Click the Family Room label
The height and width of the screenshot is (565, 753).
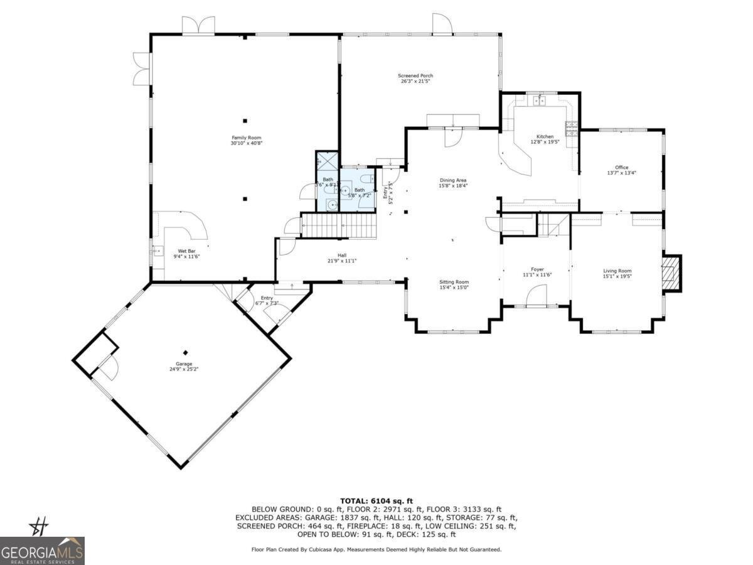coord(245,141)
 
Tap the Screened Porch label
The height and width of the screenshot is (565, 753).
coord(417,78)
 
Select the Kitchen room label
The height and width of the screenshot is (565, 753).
coord(545,139)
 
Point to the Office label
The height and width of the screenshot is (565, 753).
coord(621,170)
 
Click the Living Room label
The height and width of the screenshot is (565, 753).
coord(617,273)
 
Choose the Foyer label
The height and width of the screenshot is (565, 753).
coord(537,272)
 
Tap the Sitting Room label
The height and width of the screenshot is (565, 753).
coord(454,284)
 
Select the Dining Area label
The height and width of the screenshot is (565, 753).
coord(452,183)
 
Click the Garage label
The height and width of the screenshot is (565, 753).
coord(184,366)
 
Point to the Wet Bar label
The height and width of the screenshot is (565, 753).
coord(186,254)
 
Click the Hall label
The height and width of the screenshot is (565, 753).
coord(341,258)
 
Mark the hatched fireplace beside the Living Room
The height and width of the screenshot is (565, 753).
coord(671,273)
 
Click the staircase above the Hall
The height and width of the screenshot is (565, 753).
coord(339,225)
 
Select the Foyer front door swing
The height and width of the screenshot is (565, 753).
coord(537,296)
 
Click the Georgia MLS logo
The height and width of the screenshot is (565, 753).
coord(42,551)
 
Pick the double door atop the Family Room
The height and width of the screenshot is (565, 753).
coord(198,25)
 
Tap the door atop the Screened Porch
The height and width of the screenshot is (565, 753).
coord(442,23)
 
